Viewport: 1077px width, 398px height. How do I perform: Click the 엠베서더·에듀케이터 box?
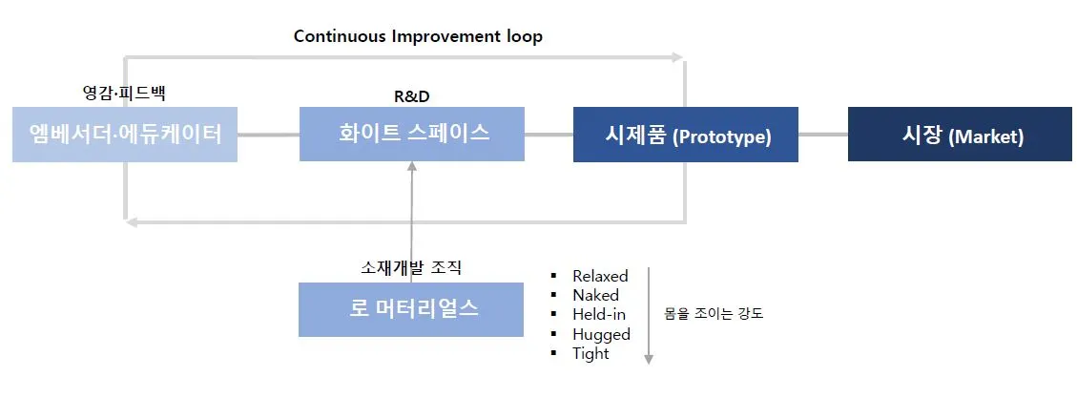(x=125, y=135)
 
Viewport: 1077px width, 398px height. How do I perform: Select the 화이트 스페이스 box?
(x=412, y=135)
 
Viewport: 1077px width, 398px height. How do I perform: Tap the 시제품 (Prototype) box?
(x=686, y=135)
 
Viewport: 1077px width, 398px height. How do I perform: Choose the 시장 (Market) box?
(x=960, y=135)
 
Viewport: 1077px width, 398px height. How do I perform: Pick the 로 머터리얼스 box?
(x=411, y=309)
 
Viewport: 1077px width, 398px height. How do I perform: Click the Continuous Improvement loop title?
(x=418, y=36)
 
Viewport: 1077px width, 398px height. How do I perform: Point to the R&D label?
(x=411, y=95)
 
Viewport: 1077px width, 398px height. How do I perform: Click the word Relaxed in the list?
(x=600, y=277)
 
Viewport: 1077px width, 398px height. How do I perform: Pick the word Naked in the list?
(x=595, y=296)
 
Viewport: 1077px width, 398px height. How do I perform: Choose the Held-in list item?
(x=599, y=314)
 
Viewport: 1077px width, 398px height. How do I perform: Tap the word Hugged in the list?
(x=601, y=334)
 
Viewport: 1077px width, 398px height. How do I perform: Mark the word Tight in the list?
(x=590, y=353)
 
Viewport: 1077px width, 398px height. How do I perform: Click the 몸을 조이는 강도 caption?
(x=714, y=313)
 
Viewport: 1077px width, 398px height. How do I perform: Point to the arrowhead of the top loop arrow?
(x=678, y=57)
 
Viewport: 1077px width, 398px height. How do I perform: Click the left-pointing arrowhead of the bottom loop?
(x=133, y=222)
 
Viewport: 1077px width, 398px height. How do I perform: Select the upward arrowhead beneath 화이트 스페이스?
(x=411, y=167)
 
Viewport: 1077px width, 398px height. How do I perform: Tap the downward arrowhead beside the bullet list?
(x=649, y=359)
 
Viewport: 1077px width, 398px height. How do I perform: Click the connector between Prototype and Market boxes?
(x=822, y=135)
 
